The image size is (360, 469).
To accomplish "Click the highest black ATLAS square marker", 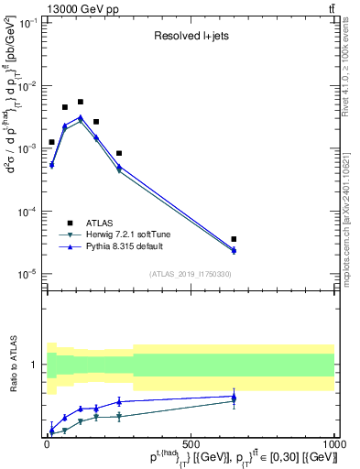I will coord(81,102).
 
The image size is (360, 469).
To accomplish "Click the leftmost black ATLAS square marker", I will coord(51,142).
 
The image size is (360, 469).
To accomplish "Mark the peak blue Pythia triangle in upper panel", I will coord(81,117).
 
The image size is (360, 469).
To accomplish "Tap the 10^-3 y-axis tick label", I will coord(31,147).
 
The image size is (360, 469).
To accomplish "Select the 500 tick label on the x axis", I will coord(191,444).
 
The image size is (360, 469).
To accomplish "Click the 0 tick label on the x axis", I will coord(48,444).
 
